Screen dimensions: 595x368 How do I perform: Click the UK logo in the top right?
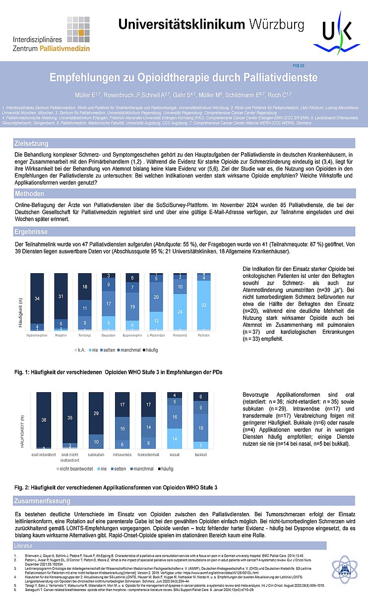[337, 33]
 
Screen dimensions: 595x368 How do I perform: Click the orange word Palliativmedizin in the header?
[76, 49]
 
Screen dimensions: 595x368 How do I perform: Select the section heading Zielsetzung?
[31, 144]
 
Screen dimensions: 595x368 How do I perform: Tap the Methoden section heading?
[29, 193]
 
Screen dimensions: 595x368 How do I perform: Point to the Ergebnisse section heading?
[31, 231]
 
